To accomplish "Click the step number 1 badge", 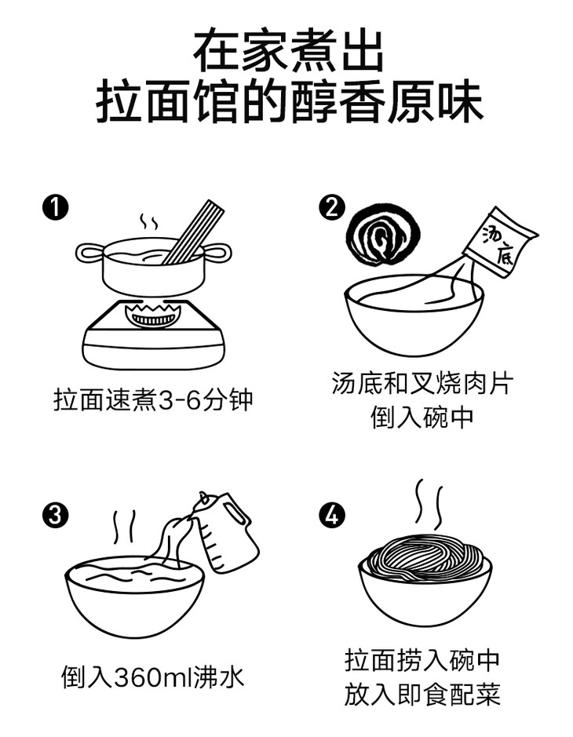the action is click(56, 208).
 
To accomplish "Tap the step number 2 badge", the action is click(332, 207).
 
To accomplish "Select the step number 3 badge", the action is click(56, 515).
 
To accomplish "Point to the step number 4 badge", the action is click(332, 515).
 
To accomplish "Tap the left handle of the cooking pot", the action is click(89, 253).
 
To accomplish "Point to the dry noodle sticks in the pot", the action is click(194, 232).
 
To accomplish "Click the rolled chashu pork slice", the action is click(383, 235).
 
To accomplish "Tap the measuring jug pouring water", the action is click(225, 531).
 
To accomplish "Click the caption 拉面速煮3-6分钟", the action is click(153, 400).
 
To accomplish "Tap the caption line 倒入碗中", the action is click(422, 418).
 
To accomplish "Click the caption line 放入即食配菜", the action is click(422, 695).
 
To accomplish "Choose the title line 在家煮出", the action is click(289, 52).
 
